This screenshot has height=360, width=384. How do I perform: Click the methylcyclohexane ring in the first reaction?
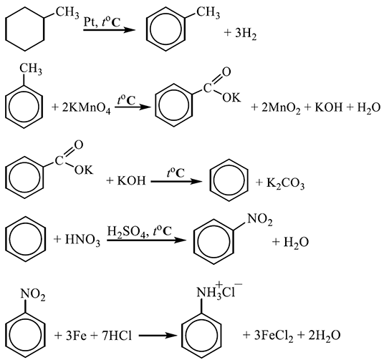(x=44, y=29)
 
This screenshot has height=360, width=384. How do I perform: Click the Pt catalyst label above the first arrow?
(x=90, y=22)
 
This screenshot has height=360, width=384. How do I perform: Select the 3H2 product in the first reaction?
(x=246, y=34)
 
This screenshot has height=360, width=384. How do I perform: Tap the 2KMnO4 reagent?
(x=86, y=108)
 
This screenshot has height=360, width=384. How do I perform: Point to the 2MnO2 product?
(x=281, y=108)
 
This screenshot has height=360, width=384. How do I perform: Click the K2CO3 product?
(x=286, y=183)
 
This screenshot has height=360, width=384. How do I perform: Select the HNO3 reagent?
(x=82, y=240)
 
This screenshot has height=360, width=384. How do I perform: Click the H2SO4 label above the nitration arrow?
(x=127, y=230)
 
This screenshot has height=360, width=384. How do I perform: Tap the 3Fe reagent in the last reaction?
(x=76, y=336)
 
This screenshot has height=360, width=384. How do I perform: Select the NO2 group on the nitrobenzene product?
(x=260, y=219)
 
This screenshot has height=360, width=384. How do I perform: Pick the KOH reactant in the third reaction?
(x=132, y=181)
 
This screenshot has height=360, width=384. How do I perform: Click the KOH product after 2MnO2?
(x=328, y=107)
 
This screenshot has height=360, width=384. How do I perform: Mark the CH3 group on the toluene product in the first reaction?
(x=208, y=12)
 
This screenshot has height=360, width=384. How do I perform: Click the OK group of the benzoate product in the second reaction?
(x=231, y=97)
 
